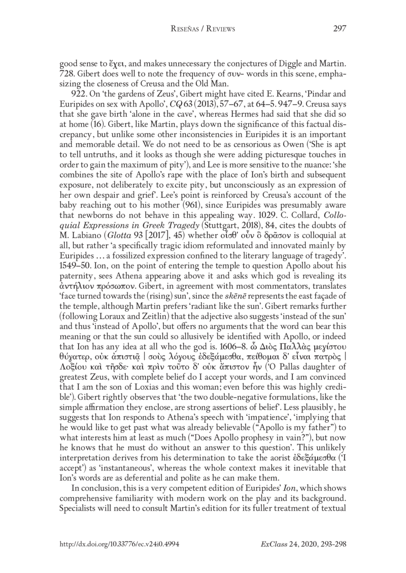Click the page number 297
point(339,42)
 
